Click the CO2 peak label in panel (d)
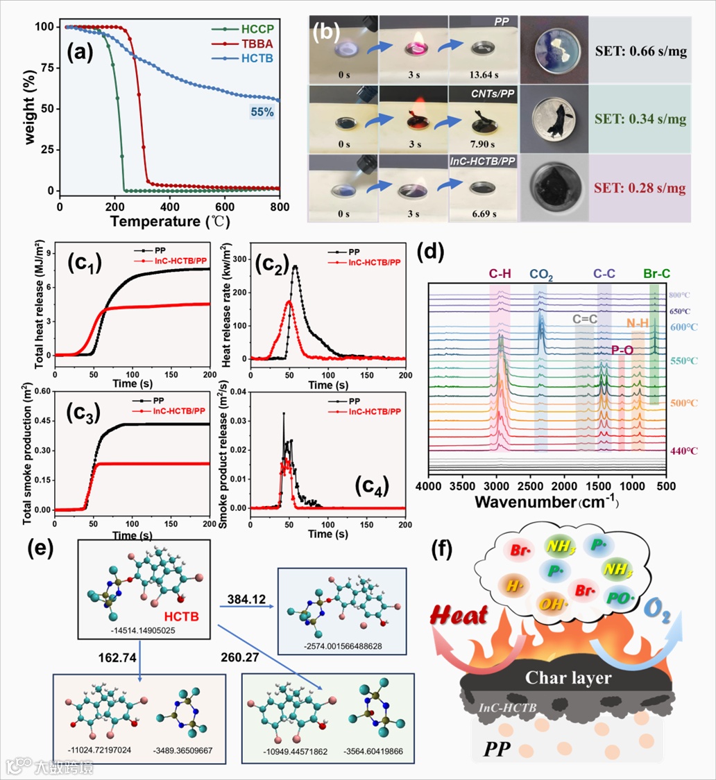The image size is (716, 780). click(541, 275)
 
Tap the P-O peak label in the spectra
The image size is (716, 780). click(622, 352)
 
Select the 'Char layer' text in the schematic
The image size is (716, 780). click(567, 676)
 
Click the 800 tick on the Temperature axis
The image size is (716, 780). click(280, 206)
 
